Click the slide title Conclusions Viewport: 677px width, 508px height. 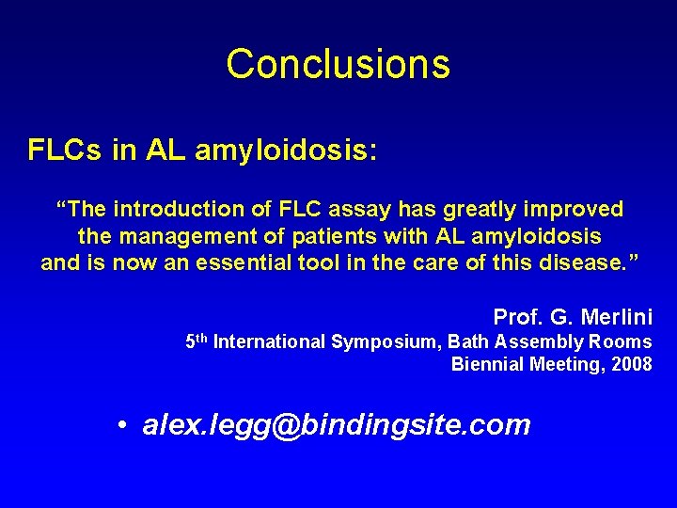click(x=338, y=65)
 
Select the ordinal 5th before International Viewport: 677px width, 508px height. click(x=197, y=341)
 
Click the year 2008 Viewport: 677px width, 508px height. click(x=631, y=365)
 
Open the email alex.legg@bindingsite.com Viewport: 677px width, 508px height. click(x=336, y=425)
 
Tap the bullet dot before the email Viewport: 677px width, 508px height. click(x=123, y=426)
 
